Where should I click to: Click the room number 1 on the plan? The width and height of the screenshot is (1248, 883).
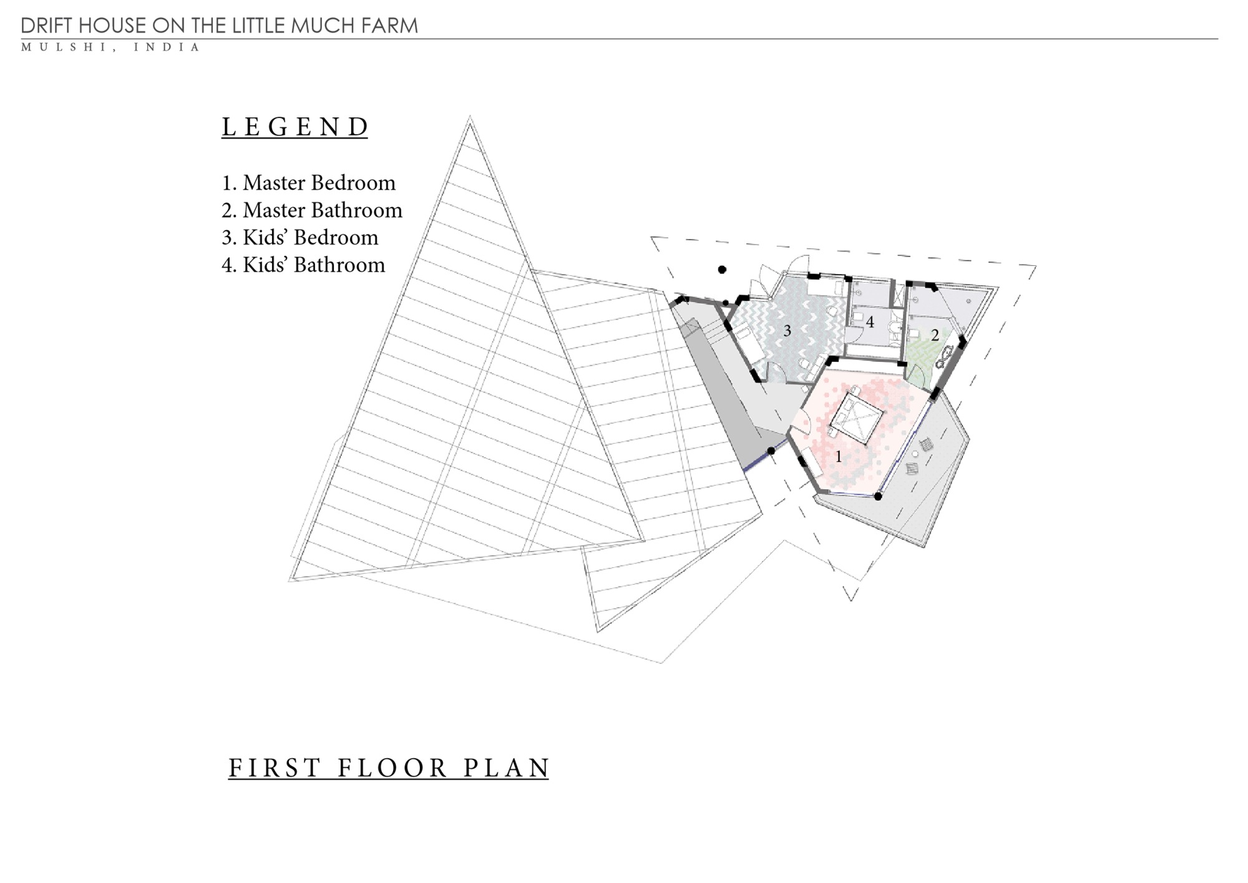[x=839, y=457]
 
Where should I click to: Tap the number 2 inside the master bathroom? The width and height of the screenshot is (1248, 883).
[x=935, y=335]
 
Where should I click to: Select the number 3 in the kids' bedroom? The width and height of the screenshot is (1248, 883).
[x=787, y=331]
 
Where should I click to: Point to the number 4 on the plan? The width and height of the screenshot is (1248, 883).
[x=870, y=323]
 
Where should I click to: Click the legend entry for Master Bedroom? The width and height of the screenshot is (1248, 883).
[x=309, y=183]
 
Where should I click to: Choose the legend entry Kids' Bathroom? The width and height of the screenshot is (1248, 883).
[x=303, y=265]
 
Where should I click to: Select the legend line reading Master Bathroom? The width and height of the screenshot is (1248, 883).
[x=312, y=210]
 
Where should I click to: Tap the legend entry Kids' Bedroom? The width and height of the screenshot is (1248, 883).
[x=300, y=238]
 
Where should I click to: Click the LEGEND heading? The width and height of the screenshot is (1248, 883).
[x=295, y=127]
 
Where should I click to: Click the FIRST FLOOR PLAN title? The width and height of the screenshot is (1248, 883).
[x=388, y=768]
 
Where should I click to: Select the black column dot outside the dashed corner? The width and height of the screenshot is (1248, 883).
[x=722, y=270]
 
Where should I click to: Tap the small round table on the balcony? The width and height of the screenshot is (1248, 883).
[x=915, y=454]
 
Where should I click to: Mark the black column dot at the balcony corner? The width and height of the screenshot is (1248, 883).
[x=878, y=497]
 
